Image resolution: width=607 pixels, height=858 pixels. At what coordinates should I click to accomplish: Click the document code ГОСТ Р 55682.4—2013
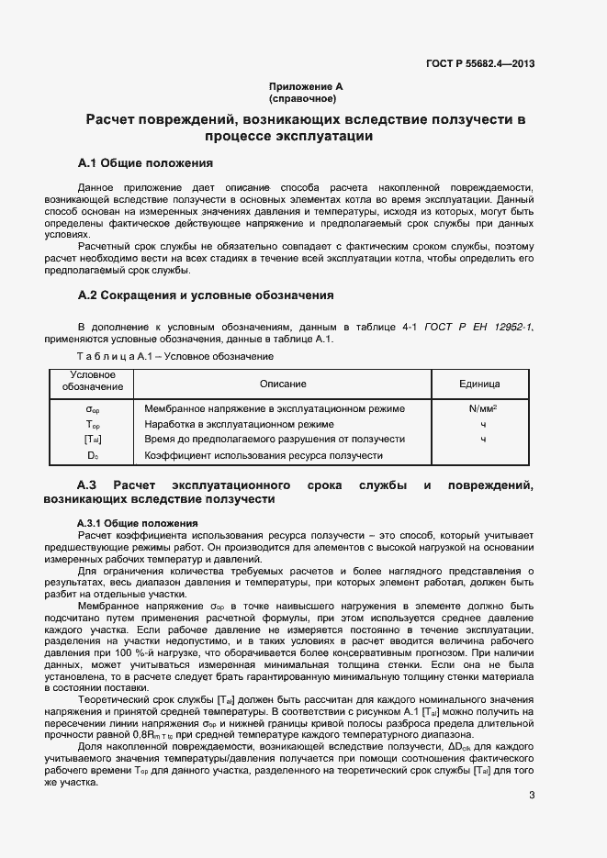480,63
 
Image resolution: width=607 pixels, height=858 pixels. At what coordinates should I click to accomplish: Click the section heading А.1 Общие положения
146,163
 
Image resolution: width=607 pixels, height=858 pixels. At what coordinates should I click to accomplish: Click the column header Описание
283,383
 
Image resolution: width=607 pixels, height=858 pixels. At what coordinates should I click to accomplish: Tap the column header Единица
478,383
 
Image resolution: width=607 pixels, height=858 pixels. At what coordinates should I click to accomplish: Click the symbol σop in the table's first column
93,408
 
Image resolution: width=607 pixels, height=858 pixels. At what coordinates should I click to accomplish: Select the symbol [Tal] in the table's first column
93,440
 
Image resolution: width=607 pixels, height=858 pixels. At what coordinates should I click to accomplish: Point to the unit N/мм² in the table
482,408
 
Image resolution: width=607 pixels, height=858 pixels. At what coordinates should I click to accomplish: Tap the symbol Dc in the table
93,455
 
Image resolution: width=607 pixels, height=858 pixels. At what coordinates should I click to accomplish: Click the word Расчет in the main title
115,119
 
